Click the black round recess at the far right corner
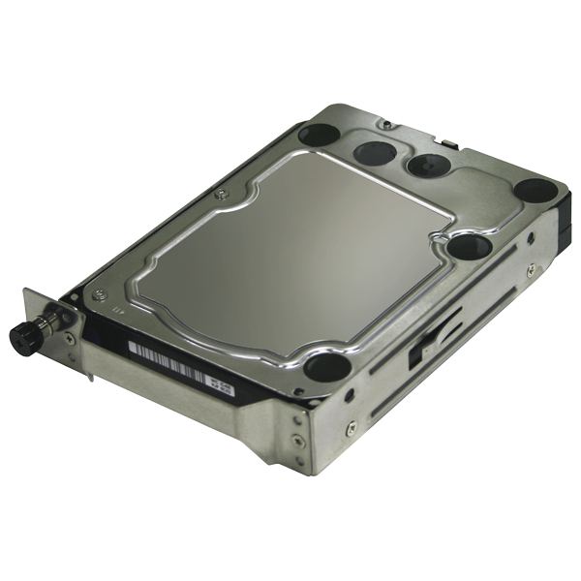click(535, 191)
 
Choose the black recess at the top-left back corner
click(318, 134)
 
